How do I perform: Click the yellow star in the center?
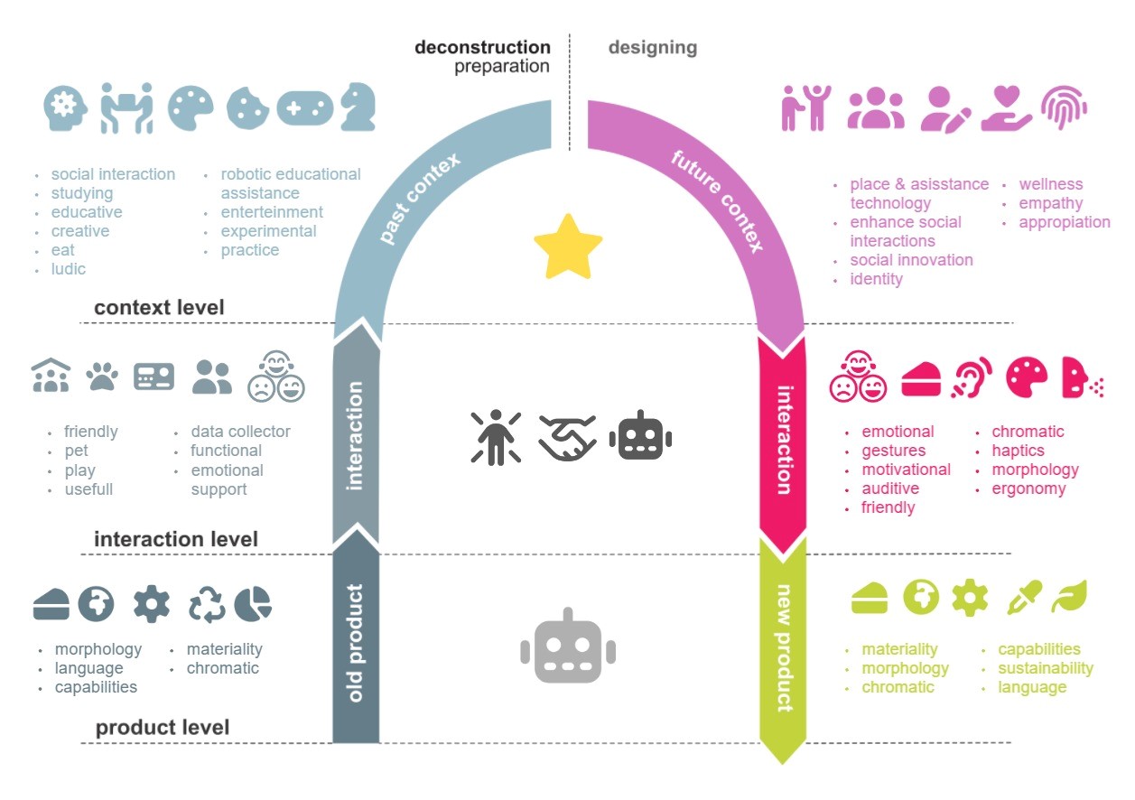click(568, 247)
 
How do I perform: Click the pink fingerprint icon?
click(1064, 107)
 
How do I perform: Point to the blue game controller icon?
click(304, 108)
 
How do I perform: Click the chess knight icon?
click(358, 107)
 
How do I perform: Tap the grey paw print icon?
click(101, 377)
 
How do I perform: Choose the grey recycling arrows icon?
click(207, 605)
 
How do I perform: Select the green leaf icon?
click(1069, 597)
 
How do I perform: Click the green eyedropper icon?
click(1024, 598)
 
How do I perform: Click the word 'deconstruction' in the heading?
click(482, 47)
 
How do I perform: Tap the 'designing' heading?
click(653, 47)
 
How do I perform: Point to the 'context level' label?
click(159, 308)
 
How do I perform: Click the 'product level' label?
click(163, 728)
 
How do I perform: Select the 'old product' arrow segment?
click(356, 641)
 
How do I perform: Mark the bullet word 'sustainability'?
click(1045, 668)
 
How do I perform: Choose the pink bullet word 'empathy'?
click(1050, 203)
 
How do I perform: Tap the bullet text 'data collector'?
click(240, 432)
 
